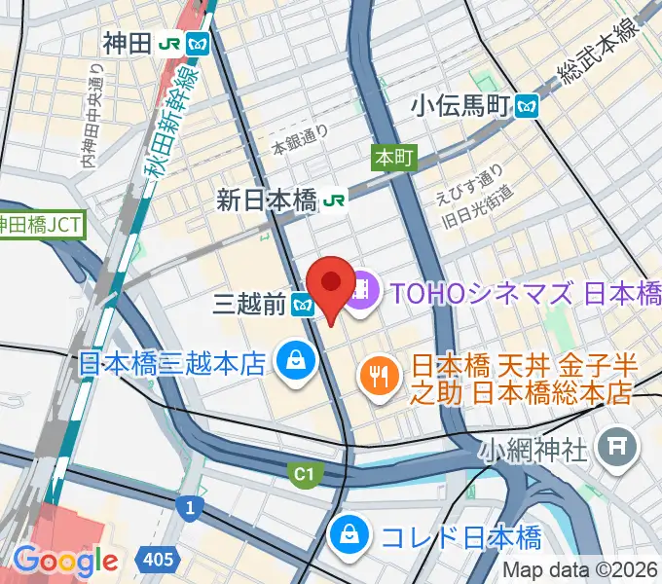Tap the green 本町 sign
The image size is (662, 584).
pyautogui.click(x=393, y=157)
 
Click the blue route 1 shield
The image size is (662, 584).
pyautogui.click(x=187, y=507)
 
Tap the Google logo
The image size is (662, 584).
pyautogui.click(x=65, y=560)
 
